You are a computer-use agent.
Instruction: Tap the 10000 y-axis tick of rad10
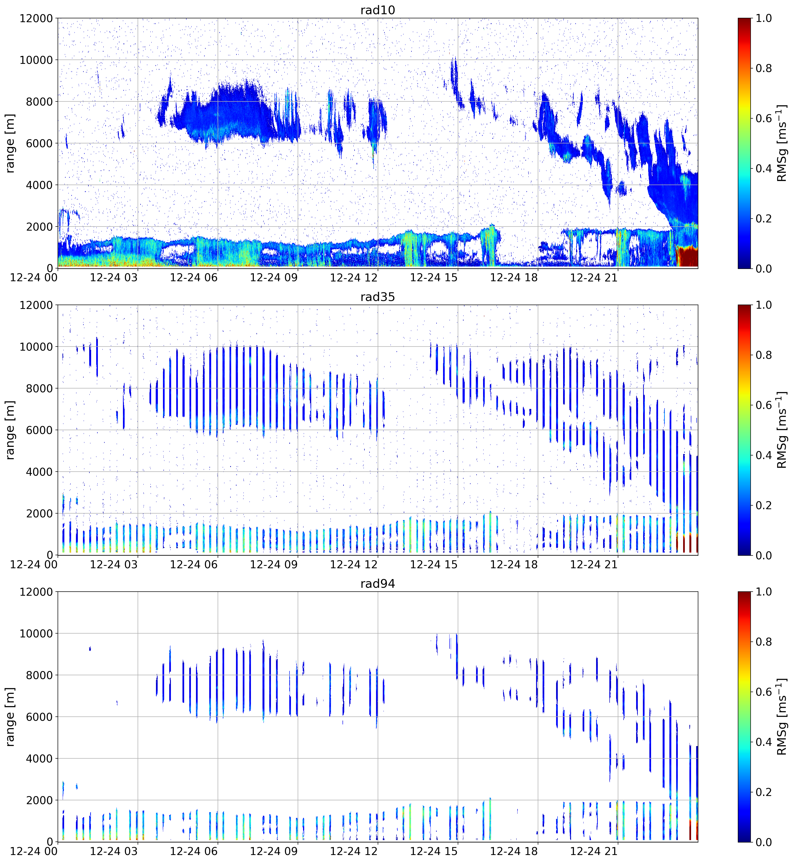36,60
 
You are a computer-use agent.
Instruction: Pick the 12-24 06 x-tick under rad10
194,277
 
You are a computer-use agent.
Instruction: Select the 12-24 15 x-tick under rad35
434,564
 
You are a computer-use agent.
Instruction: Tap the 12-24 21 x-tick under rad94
594,851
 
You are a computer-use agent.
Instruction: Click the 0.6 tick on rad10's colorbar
763,119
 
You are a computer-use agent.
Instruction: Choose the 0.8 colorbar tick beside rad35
763,355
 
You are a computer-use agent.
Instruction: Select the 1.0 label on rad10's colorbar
763,19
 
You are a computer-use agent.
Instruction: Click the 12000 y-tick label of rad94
36,592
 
